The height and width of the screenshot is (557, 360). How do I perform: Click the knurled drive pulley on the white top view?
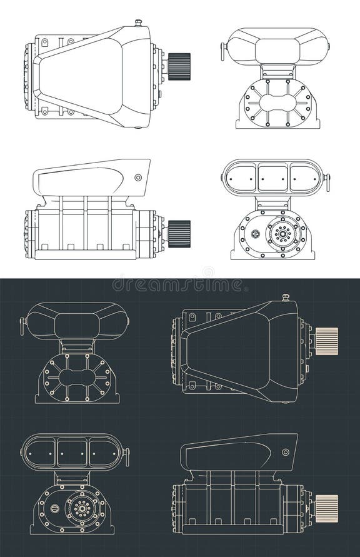point(180,64)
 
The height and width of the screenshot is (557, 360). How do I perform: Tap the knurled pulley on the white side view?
point(179,233)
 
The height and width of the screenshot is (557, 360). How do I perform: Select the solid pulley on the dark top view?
point(326,341)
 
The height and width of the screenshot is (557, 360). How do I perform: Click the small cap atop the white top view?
point(138,23)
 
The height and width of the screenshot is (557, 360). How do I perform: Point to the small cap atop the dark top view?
point(285,296)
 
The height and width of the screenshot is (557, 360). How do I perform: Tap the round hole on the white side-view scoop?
point(137,178)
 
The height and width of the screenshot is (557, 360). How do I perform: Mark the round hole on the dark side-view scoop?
point(286,451)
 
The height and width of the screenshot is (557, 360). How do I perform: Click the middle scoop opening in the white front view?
point(276,176)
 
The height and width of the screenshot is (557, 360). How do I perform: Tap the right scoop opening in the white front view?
point(306,176)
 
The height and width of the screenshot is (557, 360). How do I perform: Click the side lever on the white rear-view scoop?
point(222,51)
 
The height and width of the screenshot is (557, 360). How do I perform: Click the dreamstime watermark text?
point(179,285)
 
